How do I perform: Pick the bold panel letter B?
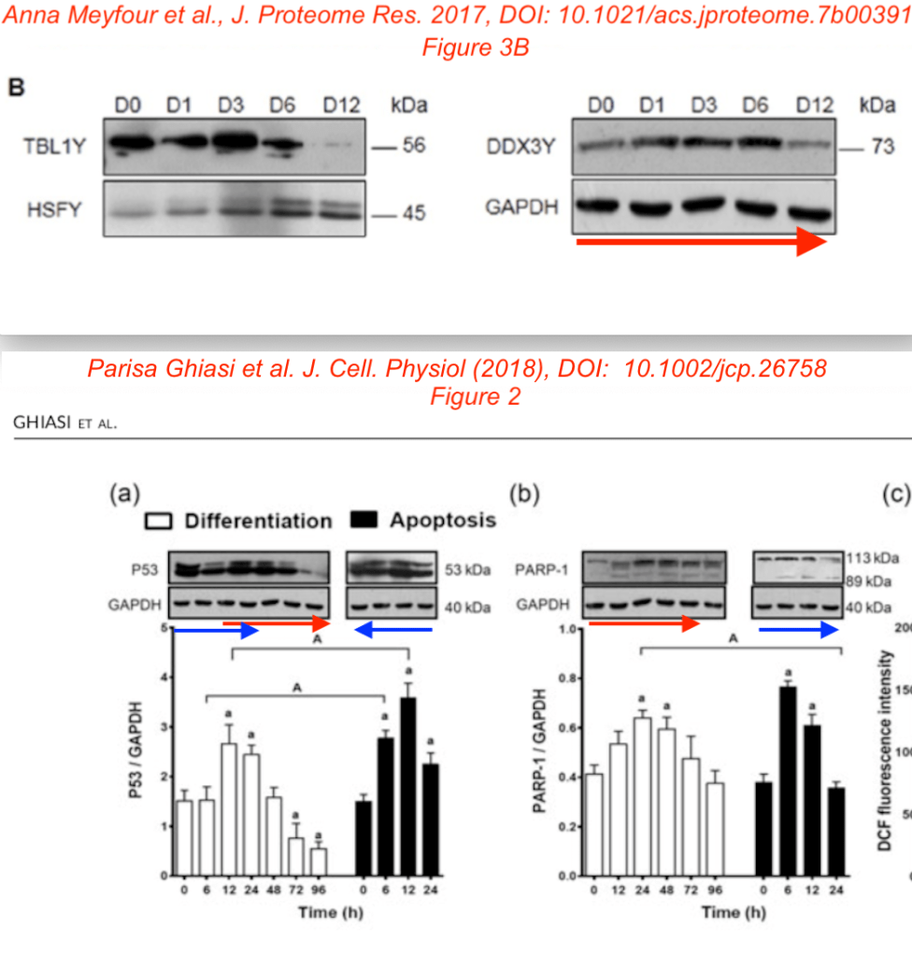[x=16, y=88]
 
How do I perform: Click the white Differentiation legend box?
[x=158, y=521]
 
